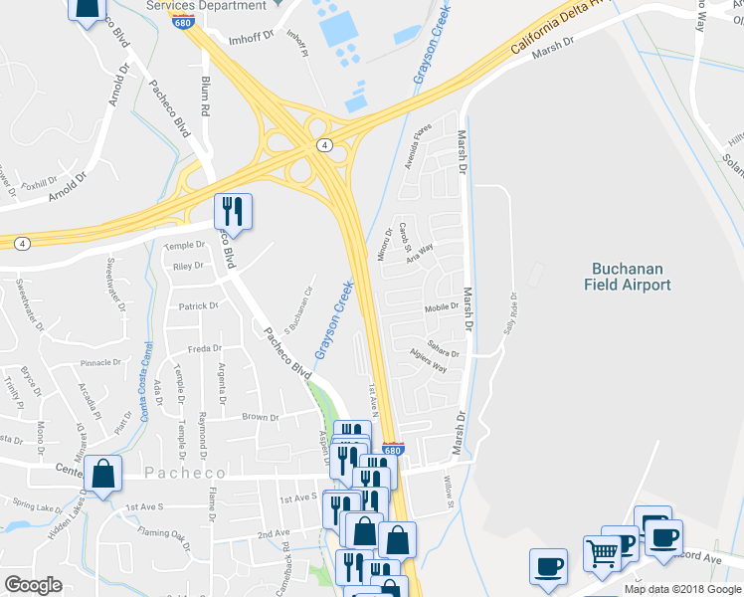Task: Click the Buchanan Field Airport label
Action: [631, 276]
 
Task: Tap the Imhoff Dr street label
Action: [223, 41]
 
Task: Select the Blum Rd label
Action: [207, 96]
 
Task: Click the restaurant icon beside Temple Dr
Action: [234, 210]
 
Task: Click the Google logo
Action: [34, 585]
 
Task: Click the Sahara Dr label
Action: [443, 352]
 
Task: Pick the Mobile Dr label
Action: [441, 307]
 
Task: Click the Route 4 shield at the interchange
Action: [324, 145]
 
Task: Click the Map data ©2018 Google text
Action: [682, 589]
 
